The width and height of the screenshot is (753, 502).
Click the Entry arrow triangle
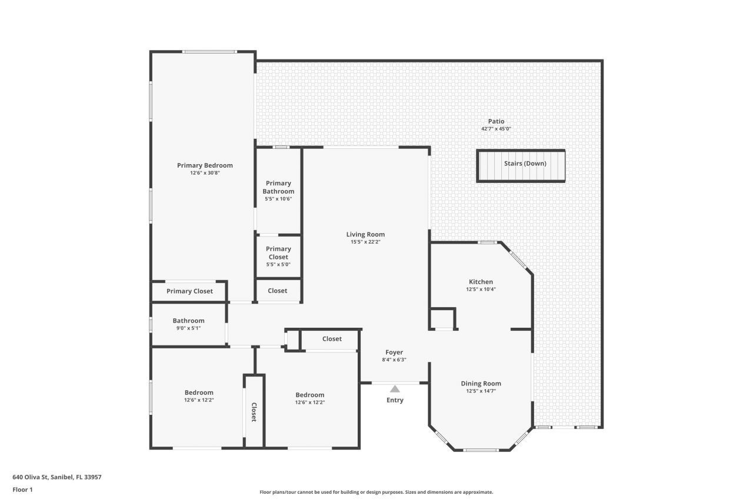[395, 388]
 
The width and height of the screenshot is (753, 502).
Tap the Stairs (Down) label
[525, 164]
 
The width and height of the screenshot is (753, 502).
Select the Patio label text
[496, 121]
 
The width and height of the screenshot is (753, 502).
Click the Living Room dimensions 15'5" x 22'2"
[365, 242]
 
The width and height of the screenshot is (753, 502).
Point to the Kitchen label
[481, 281]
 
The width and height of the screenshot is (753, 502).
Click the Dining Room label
[481, 383]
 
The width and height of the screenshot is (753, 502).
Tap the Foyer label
[394, 352]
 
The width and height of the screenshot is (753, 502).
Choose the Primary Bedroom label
[205, 165]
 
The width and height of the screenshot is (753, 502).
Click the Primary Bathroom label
[278, 187]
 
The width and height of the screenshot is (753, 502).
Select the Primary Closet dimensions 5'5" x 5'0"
[278, 264]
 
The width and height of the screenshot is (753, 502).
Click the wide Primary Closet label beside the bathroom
[189, 291]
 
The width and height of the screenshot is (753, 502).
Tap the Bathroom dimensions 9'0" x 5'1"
[188, 328]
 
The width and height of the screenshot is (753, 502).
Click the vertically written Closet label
[254, 412]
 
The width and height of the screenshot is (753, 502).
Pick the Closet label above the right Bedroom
[332, 338]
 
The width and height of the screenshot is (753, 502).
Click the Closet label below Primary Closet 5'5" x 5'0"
[278, 290]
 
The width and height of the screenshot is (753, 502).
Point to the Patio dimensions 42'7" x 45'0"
[496, 129]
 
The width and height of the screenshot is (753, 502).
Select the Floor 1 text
[22, 489]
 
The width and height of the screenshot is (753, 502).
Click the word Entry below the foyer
[395, 400]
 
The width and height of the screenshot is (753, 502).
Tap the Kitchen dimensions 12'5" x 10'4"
[481, 289]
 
